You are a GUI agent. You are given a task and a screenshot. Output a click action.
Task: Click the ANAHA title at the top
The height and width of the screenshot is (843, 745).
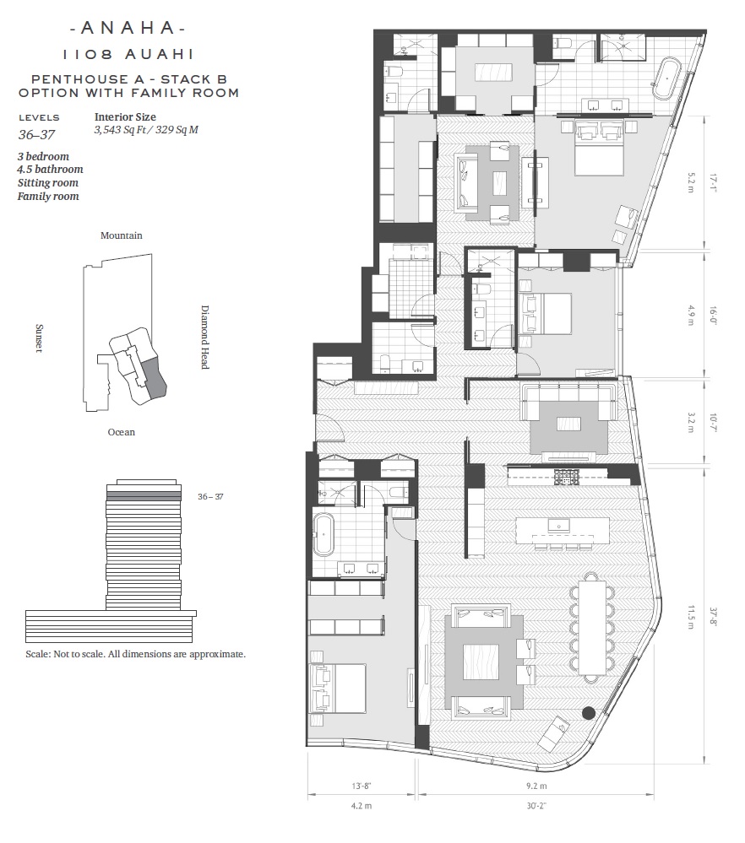[x=128, y=28]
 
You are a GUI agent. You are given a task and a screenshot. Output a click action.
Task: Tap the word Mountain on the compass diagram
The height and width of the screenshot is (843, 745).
[x=122, y=235]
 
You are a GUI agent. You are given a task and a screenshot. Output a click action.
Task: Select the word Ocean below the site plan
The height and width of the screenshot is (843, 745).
[x=121, y=432]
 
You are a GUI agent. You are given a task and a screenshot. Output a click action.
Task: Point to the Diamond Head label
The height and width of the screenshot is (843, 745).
[x=204, y=337]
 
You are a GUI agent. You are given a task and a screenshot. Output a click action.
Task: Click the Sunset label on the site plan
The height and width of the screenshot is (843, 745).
[x=39, y=338]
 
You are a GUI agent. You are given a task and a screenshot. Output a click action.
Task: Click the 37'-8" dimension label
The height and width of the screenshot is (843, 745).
[x=713, y=618]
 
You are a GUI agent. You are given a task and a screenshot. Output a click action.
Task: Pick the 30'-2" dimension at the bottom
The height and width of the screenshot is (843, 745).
[x=536, y=805]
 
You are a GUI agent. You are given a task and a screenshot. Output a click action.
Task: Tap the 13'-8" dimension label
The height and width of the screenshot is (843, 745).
[x=362, y=786]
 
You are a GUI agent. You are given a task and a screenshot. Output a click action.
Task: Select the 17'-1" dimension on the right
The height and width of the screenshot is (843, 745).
[x=713, y=183]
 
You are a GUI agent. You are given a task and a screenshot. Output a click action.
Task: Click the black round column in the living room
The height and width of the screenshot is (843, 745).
[x=589, y=713]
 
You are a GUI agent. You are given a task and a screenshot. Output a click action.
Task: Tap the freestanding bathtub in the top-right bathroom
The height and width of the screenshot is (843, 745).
[x=667, y=78]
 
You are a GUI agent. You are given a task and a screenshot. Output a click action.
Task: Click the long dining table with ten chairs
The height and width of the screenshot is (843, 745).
[x=592, y=627]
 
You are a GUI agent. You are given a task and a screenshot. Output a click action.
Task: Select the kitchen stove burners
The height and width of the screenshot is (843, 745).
[x=566, y=476]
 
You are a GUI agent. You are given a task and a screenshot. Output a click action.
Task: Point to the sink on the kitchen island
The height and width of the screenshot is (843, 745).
[x=559, y=525]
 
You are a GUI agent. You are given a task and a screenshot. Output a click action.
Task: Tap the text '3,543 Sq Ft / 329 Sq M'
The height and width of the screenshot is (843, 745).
[x=146, y=130]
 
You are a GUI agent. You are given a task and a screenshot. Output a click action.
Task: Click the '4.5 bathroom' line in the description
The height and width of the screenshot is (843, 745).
[x=50, y=170]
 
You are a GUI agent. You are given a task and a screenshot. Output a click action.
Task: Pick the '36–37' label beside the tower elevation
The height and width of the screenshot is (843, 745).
[x=210, y=497]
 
